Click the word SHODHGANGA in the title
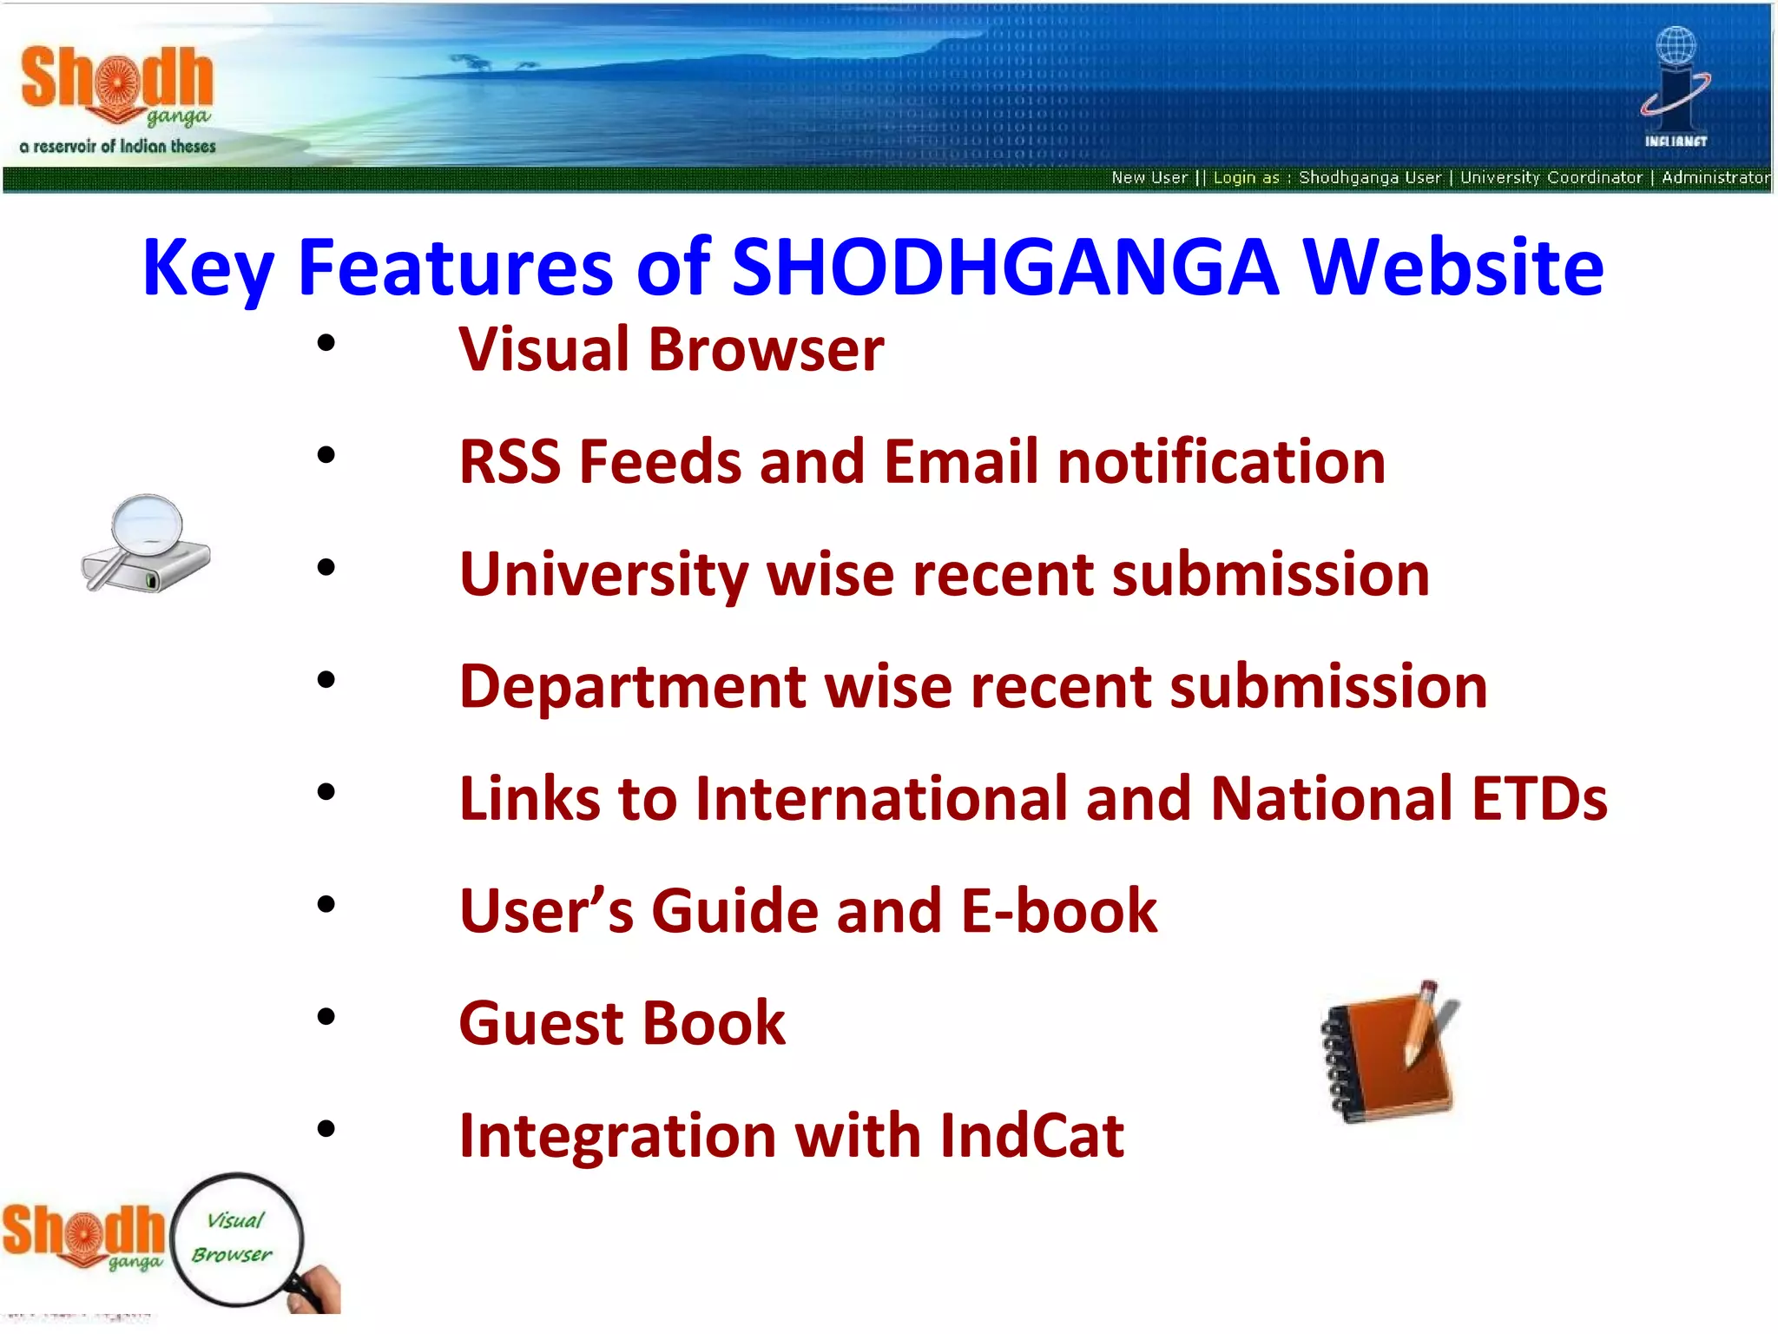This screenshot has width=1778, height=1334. click(1004, 267)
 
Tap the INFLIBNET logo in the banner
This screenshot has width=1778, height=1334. click(1676, 87)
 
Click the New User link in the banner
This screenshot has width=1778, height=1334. click(1149, 178)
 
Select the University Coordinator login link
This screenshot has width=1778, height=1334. click(1551, 178)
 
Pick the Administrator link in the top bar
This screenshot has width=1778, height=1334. click(1715, 178)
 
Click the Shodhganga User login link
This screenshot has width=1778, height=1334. click(1369, 178)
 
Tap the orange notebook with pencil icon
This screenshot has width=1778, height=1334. click(1389, 1053)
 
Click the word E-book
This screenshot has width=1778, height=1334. click(1059, 911)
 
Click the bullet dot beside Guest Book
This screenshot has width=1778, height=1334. click(326, 1016)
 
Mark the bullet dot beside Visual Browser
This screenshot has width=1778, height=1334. click(326, 343)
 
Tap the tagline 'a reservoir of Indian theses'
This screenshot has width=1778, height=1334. click(117, 147)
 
